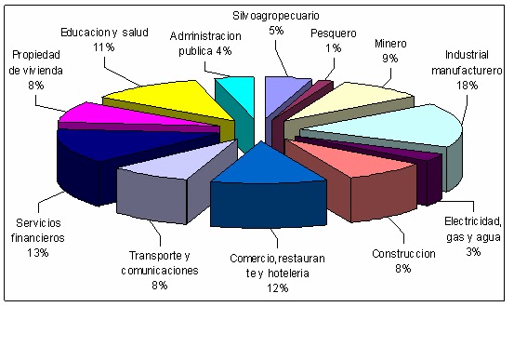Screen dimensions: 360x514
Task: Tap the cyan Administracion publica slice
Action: (x=233, y=88)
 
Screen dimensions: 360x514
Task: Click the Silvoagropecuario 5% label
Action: (x=275, y=23)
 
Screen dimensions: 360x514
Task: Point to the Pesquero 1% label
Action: (x=332, y=41)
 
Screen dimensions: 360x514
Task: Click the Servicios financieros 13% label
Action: (x=40, y=230)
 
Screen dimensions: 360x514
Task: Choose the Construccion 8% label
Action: (x=402, y=260)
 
